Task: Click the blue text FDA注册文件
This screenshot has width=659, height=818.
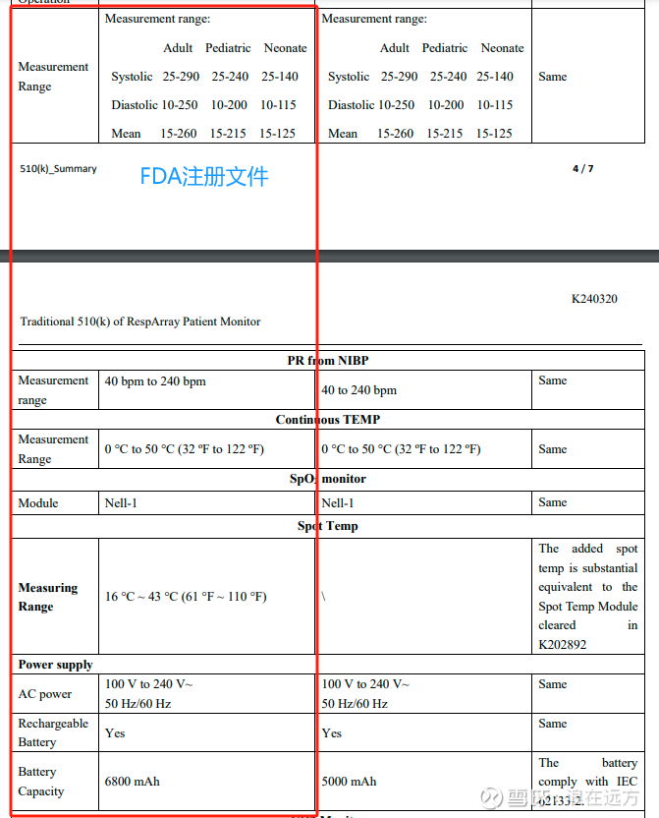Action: [x=203, y=177]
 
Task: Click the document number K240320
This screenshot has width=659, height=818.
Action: [x=594, y=299]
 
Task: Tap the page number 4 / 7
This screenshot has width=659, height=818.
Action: [x=582, y=169]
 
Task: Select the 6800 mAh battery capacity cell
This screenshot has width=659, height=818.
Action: [x=132, y=782]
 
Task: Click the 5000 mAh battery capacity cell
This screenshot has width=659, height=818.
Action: [x=349, y=782]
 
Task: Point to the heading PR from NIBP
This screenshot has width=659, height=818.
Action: [x=328, y=361]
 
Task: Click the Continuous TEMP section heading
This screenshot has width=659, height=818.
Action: [x=327, y=420]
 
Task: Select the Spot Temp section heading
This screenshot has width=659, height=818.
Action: [x=327, y=526]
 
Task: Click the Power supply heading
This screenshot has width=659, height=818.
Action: [x=55, y=665]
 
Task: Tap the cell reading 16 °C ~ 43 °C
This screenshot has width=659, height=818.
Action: [x=186, y=597]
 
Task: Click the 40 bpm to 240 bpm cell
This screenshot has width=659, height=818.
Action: [x=155, y=381]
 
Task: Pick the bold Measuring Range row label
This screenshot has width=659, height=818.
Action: [x=47, y=597]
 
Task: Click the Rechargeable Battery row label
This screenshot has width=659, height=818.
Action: [x=53, y=732]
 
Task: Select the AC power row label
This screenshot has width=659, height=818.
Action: [x=44, y=694]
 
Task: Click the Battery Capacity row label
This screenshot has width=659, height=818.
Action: [x=40, y=782]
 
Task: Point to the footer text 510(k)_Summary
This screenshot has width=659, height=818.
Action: [x=58, y=169]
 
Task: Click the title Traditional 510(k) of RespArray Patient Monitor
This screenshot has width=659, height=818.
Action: [x=139, y=321]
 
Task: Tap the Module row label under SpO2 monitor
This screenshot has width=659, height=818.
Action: [x=38, y=503]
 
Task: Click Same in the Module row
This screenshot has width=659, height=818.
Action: [x=552, y=502]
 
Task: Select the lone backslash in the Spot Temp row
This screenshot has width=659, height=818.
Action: [x=323, y=597]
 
